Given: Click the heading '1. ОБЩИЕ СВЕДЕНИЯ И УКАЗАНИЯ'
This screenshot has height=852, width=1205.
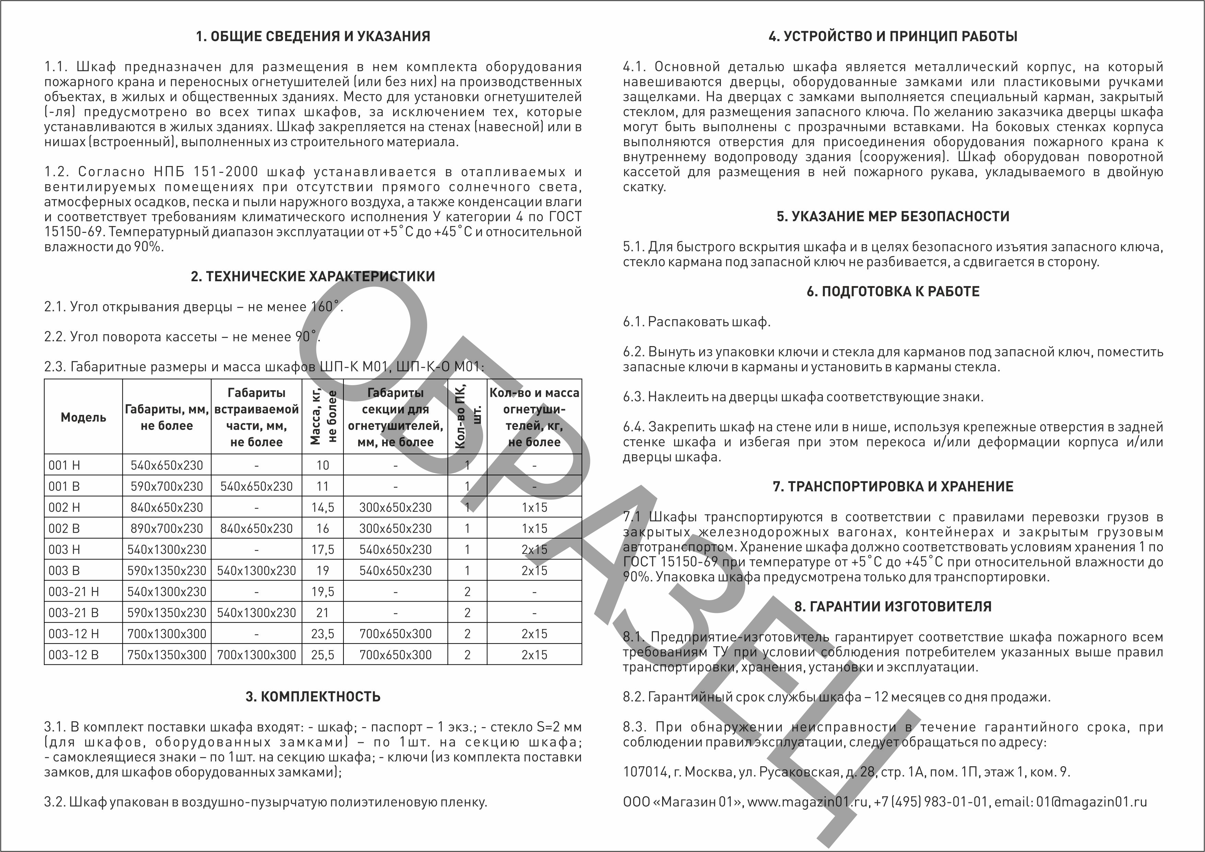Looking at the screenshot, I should coord(313,36).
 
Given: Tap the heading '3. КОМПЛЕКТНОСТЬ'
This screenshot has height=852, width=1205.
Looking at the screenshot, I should coord(313,697).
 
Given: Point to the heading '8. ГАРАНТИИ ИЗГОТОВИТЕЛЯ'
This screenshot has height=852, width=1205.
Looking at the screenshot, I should coord(893,606).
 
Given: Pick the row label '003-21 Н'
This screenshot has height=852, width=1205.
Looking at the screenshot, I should coord(73,592).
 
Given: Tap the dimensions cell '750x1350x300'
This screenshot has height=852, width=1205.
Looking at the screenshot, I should coord(167,655).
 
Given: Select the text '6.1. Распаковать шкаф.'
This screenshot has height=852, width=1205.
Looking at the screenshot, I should coord(697,322).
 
